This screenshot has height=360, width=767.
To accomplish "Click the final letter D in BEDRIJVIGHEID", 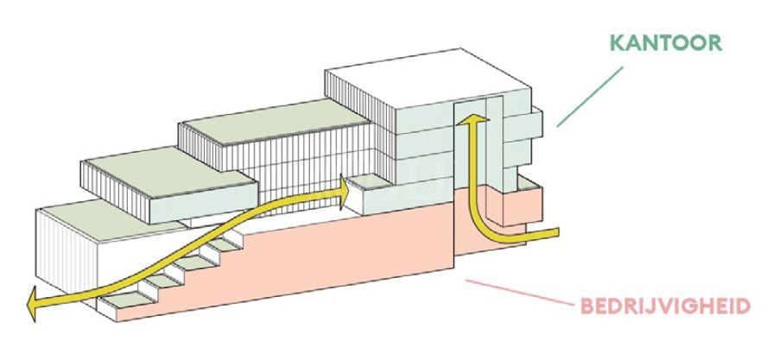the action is (742, 307).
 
